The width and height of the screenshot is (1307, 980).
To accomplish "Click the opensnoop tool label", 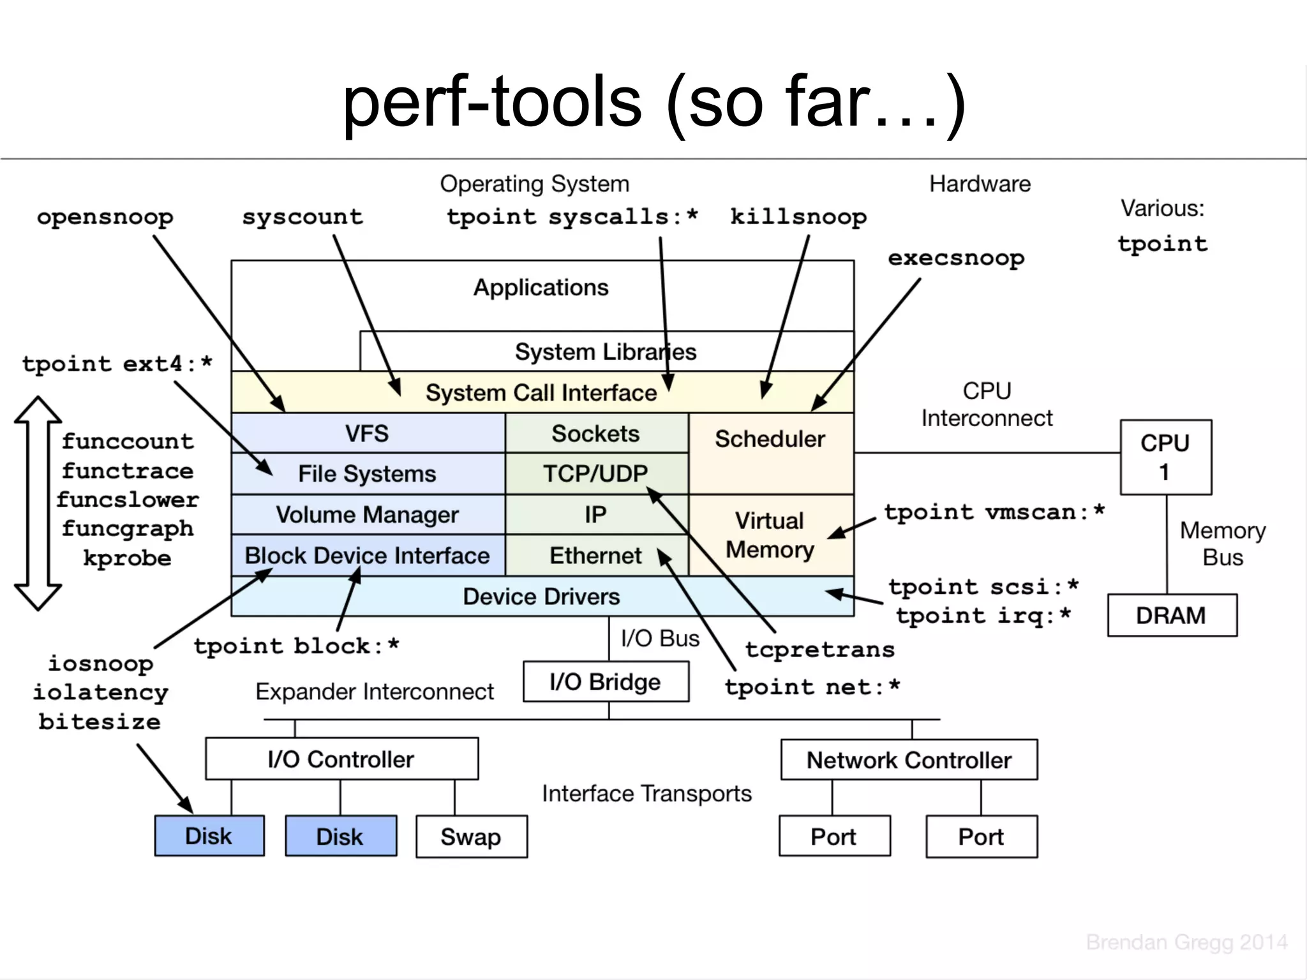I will point(105,218).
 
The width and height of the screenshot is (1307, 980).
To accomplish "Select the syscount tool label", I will point(302,218).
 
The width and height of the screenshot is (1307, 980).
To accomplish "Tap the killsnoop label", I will point(798,218).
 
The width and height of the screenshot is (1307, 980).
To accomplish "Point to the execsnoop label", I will point(956,258).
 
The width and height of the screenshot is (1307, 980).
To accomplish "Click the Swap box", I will point(471,836).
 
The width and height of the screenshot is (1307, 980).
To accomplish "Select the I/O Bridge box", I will point(606,682).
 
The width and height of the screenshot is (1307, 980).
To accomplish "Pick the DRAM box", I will point(1172,616).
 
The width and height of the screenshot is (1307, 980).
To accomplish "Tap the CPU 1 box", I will point(1165,457).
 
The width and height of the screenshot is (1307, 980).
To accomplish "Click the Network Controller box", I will point(909,760).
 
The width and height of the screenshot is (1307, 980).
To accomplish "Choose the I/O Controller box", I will point(341,759).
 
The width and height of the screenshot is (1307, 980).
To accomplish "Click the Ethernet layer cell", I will point(595,556).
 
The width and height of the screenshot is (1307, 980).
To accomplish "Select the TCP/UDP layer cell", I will point(595,474).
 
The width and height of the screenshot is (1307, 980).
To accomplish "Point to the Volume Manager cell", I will point(368,515).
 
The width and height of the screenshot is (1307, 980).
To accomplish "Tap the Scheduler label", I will point(770,439).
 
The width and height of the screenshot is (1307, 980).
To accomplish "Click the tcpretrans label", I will point(820,650).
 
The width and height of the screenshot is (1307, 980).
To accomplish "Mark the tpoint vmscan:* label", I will point(994,512).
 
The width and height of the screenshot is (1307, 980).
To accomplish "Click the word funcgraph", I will point(128,529).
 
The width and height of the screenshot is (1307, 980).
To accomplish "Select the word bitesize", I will point(100,722).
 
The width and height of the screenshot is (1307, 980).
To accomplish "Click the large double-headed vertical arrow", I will point(38,503).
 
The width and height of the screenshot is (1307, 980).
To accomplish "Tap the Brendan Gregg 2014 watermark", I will point(1186,942).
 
